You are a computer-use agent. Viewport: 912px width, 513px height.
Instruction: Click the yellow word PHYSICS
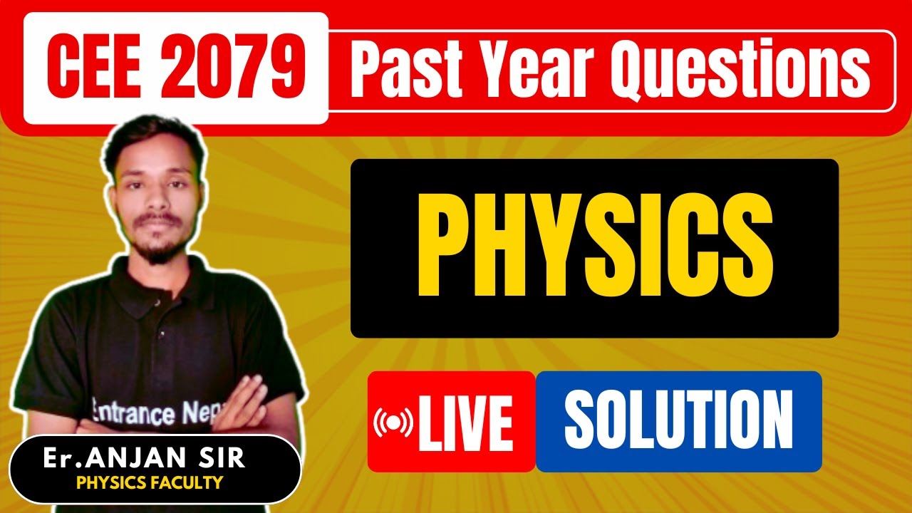pos(594,247)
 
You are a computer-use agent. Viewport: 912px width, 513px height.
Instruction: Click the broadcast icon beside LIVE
pos(393,423)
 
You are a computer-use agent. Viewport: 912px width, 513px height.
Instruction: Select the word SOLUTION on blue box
pos(678,420)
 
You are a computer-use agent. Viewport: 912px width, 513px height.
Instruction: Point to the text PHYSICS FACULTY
pos(150,483)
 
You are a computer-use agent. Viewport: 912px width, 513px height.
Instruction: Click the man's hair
pos(153,135)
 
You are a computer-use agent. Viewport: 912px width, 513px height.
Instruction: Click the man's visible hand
pos(249,403)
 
